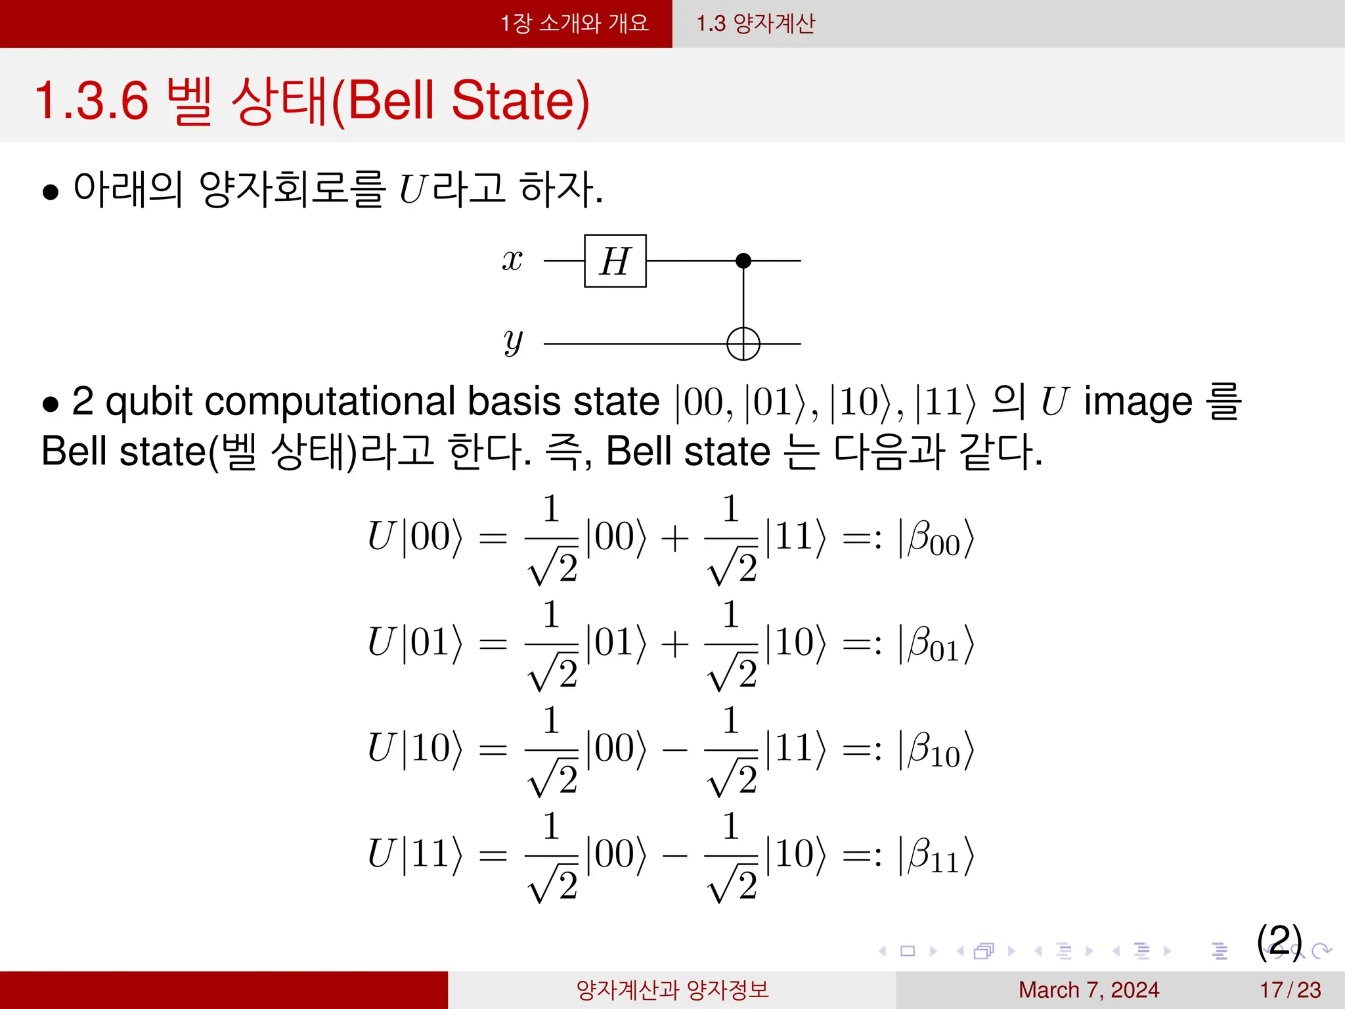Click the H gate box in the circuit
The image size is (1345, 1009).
tap(615, 261)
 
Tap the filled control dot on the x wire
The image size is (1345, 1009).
tap(743, 261)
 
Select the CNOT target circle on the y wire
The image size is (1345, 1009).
tap(743, 344)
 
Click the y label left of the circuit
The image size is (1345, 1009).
tap(513, 342)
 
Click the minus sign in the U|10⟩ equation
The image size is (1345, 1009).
tap(675, 750)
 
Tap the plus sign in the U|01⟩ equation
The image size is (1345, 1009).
tap(675, 644)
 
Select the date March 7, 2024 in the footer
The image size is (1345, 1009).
tap(1088, 990)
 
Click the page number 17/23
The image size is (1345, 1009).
tap(1290, 990)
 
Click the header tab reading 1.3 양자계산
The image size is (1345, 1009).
tap(755, 24)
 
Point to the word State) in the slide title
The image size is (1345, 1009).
tap(520, 101)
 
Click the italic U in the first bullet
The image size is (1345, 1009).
tap(413, 190)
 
